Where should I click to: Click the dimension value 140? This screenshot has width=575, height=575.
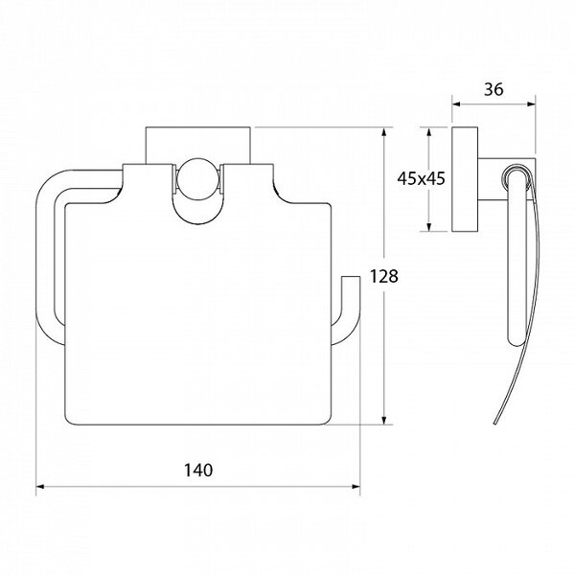pos(198,471)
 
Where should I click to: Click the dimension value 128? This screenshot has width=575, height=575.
pos(383,276)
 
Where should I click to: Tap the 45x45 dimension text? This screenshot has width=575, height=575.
pos(421,178)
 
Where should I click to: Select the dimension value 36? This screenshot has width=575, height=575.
pos(494,89)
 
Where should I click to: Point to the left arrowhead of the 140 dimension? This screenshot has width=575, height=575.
pos(40,487)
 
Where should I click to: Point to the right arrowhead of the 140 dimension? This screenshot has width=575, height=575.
pos(356,487)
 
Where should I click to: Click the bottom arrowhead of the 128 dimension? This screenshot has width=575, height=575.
pos(384,421)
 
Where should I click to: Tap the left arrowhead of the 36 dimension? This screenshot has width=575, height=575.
pos(456,104)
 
